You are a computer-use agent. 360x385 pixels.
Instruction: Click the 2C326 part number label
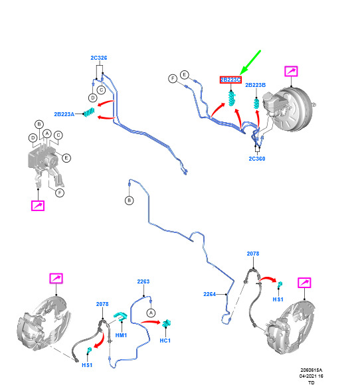(99, 58)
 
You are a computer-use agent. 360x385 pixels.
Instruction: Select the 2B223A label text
(64, 114)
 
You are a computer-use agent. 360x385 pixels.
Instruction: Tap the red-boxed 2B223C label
(230, 80)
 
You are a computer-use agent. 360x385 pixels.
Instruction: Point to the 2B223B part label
(255, 85)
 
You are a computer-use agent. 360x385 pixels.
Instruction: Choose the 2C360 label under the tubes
(257, 159)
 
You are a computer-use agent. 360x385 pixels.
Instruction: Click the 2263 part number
(143, 281)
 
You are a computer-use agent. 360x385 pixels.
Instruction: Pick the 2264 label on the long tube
(210, 294)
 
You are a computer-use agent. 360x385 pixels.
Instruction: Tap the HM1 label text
(121, 335)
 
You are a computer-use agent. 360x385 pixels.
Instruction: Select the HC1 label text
(165, 341)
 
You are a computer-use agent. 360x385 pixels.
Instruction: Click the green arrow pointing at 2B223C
(250, 62)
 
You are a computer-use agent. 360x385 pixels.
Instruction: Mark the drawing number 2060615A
(312, 370)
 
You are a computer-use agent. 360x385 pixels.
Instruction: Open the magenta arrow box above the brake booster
(291, 71)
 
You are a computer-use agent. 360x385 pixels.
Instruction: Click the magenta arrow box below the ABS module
(38, 206)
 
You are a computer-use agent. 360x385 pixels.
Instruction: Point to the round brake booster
(294, 109)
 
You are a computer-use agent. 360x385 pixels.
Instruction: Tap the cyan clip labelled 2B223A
(89, 112)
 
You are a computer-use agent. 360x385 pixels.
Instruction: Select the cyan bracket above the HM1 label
(120, 316)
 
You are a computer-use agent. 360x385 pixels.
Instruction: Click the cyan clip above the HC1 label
(167, 323)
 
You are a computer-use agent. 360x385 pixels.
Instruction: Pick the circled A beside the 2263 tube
(151, 313)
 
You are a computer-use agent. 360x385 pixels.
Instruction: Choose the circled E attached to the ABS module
(66, 158)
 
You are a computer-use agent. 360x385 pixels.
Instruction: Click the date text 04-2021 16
(312, 376)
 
